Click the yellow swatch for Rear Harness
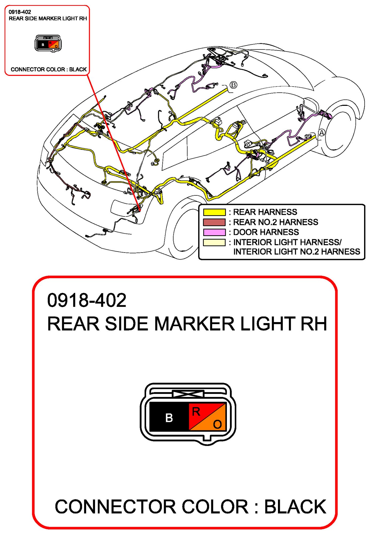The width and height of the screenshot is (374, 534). tap(214, 212)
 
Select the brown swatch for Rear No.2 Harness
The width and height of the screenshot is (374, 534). tap(214, 222)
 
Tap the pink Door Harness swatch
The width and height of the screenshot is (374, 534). tap(214, 232)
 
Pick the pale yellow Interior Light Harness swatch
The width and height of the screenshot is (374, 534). tap(214, 242)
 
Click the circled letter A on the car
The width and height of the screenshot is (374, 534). tap(322, 132)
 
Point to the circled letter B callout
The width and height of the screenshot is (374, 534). tap(234, 85)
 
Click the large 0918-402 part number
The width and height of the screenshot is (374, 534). tap(87, 300)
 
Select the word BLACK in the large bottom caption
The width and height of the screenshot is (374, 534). tap(295, 507)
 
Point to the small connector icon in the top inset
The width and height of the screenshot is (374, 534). tap(48, 43)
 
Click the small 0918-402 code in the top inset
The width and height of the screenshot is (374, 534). tap(20, 12)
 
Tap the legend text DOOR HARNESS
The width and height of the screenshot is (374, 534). tap(266, 232)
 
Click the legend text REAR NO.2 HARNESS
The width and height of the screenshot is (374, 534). tap(276, 222)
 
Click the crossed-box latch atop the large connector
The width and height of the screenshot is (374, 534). tap(188, 393)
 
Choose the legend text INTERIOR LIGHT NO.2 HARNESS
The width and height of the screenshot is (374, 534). tap(296, 252)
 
